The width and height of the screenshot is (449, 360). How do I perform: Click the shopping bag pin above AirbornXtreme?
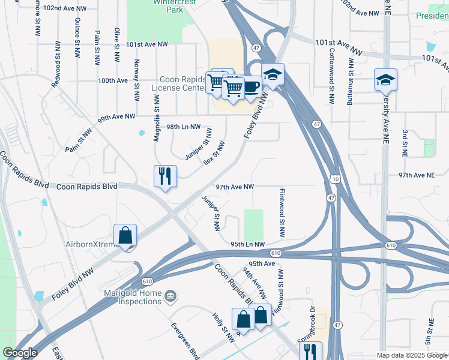pos(125,236)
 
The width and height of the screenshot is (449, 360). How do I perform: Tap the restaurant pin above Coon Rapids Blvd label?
pos(165,177)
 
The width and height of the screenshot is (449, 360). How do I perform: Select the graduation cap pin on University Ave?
pos(385,80)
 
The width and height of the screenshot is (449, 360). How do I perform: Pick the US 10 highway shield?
pos(334,179)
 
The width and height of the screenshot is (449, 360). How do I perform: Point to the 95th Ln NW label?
pos(247,244)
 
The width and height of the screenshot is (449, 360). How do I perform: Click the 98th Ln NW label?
pos(188,128)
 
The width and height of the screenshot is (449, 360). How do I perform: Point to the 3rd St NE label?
pos(405,143)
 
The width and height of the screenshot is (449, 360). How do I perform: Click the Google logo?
pos(20,353)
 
